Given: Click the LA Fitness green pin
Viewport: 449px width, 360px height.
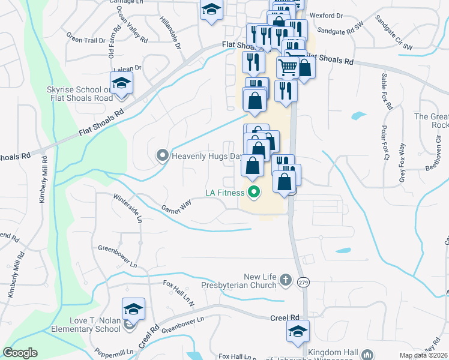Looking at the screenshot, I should tap(254, 193).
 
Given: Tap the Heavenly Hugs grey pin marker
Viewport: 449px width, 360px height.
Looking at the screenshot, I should tap(162, 156).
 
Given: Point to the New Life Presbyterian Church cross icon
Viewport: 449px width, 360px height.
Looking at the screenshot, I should tap(286, 280).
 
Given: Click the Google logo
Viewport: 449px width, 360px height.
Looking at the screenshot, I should tap(20, 353).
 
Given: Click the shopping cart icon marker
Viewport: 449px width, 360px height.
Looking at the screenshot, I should tap(288, 67).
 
